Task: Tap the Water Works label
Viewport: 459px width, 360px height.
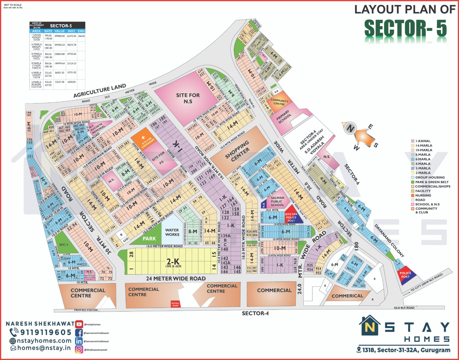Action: pos(172,232)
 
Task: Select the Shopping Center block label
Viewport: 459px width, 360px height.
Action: pos(237,151)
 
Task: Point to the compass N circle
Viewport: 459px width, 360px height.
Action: pos(349,129)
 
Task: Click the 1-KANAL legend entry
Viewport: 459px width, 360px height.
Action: pos(423,141)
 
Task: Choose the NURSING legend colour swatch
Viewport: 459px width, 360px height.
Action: pos(413,195)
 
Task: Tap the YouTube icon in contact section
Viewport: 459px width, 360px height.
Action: pos(79,324)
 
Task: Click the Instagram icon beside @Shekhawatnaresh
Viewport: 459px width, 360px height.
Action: pos(79,349)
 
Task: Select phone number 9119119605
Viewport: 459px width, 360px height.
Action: pos(45,332)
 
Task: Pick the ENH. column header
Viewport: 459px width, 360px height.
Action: pos(81,31)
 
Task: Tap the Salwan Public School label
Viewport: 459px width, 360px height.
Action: pos(277,201)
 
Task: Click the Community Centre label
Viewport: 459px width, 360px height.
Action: pos(279,102)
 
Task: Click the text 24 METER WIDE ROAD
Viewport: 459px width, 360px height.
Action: pos(176,279)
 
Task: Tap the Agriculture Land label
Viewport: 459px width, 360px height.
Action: pos(100,91)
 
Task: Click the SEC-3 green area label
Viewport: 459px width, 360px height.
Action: pos(64,245)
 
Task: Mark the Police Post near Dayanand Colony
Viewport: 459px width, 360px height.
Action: pos(405,275)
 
